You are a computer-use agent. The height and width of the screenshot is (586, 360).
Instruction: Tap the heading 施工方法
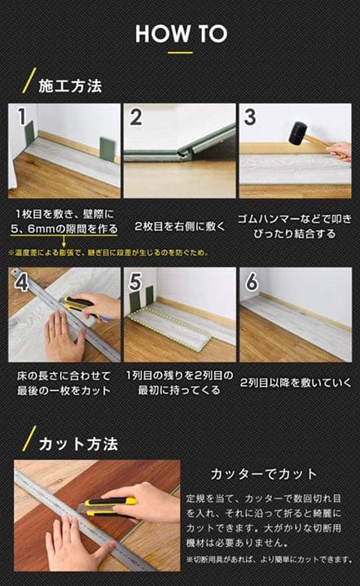pyautogui.click(x=72, y=85)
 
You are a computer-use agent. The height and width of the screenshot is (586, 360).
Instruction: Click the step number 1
pyautogui.click(x=21, y=117)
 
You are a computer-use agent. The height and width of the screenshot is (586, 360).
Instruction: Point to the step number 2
pyautogui.click(x=136, y=117)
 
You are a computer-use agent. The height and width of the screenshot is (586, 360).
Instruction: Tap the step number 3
pyautogui.click(x=250, y=117)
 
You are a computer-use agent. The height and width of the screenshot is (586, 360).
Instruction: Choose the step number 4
pyautogui.click(x=21, y=282)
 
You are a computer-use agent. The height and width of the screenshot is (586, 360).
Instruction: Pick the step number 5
pyautogui.click(x=136, y=282)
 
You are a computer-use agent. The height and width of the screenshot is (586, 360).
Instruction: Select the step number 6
pyautogui.click(x=251, y=282)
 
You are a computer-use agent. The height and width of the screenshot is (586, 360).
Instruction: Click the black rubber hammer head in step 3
pyautogui.click(x=297, y=132)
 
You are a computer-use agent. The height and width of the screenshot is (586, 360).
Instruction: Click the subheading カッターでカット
pyautogui.click(x=264, y=473)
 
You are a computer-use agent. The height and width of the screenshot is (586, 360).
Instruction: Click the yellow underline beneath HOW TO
pyautogui.click(x=180, y=54)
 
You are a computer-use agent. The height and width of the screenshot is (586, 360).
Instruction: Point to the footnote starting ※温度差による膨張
pyautogui.click(x=108, y=252)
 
